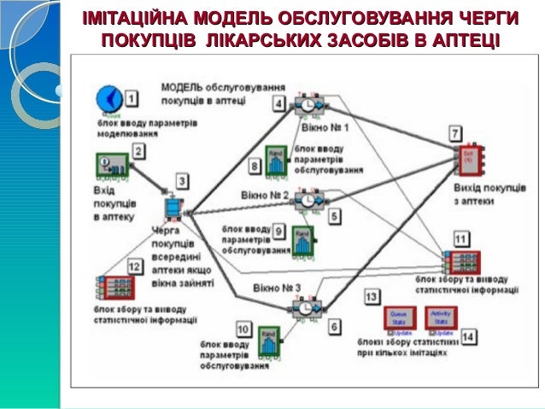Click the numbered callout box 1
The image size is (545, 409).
pyautogui.click(x=132, y=98)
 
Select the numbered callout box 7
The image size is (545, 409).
pyautogui.click(x=456, y=134)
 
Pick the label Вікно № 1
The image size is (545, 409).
pyautogui.click(x=325, y=126)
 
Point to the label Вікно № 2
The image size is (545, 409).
pyautogui.click(x=262, y=195)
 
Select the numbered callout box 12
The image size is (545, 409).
pyautogui.click(x=133, y=266)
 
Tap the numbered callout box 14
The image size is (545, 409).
pyautogui.click(x=469, y=336)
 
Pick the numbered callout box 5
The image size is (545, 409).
pyautogui.click(x=335, y=216)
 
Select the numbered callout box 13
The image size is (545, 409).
pyautogui.click(x=372, y=296)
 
